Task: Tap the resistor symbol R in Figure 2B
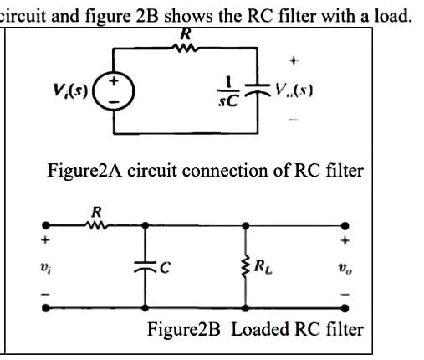(x=97, y=224)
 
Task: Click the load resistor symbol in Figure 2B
(x=245, y=267)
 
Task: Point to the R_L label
(x=263, y=269)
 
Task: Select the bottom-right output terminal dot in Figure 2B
(x=344, y=308)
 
